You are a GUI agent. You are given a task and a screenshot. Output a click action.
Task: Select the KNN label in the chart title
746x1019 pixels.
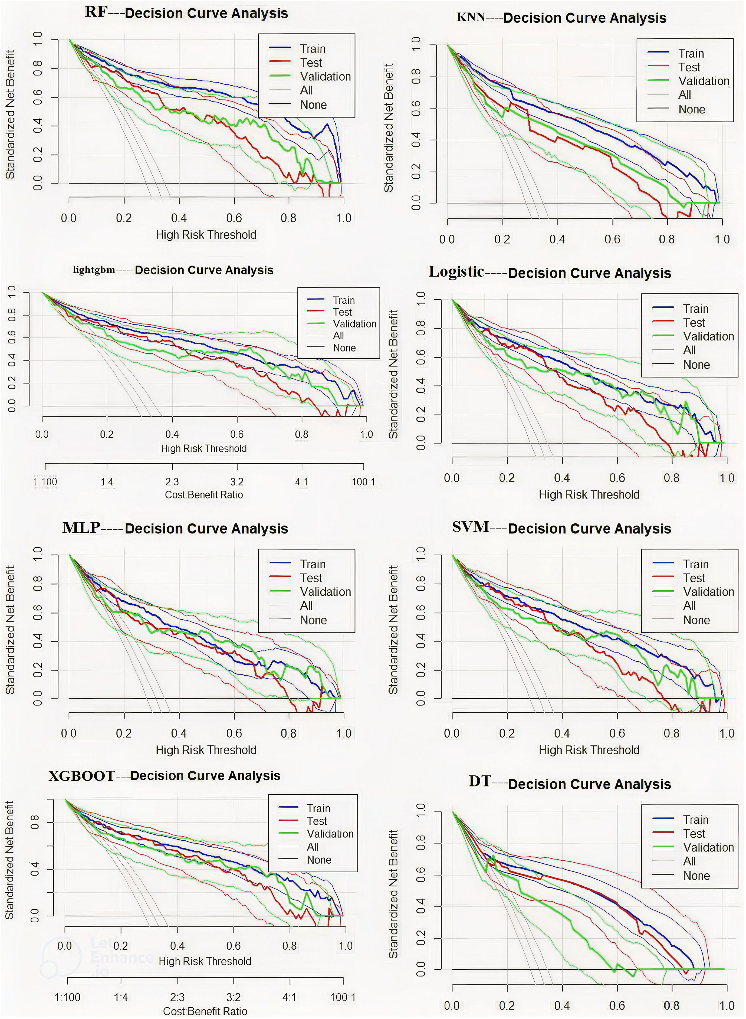471,18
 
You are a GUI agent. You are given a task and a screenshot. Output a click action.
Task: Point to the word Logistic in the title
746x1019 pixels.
456,272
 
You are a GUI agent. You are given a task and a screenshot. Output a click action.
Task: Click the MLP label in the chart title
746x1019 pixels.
81,527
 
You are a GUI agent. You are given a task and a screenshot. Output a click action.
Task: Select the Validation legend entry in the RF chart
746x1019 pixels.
325,76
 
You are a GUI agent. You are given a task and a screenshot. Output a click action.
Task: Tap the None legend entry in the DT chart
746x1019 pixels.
696,876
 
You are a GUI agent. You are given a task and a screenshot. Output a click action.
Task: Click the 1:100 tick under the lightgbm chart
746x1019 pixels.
45,482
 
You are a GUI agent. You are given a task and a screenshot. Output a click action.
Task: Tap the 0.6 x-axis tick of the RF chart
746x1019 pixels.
234,218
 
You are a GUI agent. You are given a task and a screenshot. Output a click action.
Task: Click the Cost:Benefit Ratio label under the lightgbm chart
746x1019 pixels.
204,494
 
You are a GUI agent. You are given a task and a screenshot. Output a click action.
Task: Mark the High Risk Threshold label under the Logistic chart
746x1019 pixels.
589,494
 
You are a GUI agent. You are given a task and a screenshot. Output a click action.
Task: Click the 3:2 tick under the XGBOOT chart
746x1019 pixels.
233,997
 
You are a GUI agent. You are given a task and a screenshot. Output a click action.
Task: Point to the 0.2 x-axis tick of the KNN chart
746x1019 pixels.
502,239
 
